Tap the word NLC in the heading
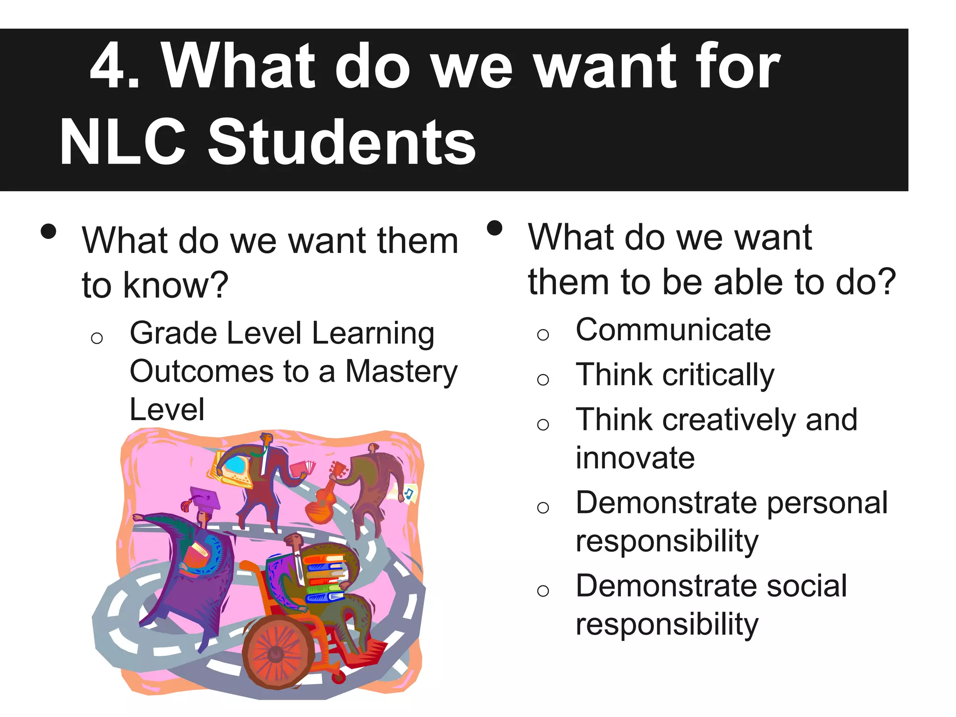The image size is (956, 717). click(x=122, y=142)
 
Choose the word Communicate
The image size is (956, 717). click(x=673, y=330)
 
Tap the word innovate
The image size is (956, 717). click(x=635, y=457)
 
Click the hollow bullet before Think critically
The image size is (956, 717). click(x=543, y=380)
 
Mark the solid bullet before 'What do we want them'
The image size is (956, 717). click(x=49, y=232)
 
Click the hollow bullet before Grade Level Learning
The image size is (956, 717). click(x=97, y=338)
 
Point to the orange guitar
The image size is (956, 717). click(x=323, y=499)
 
